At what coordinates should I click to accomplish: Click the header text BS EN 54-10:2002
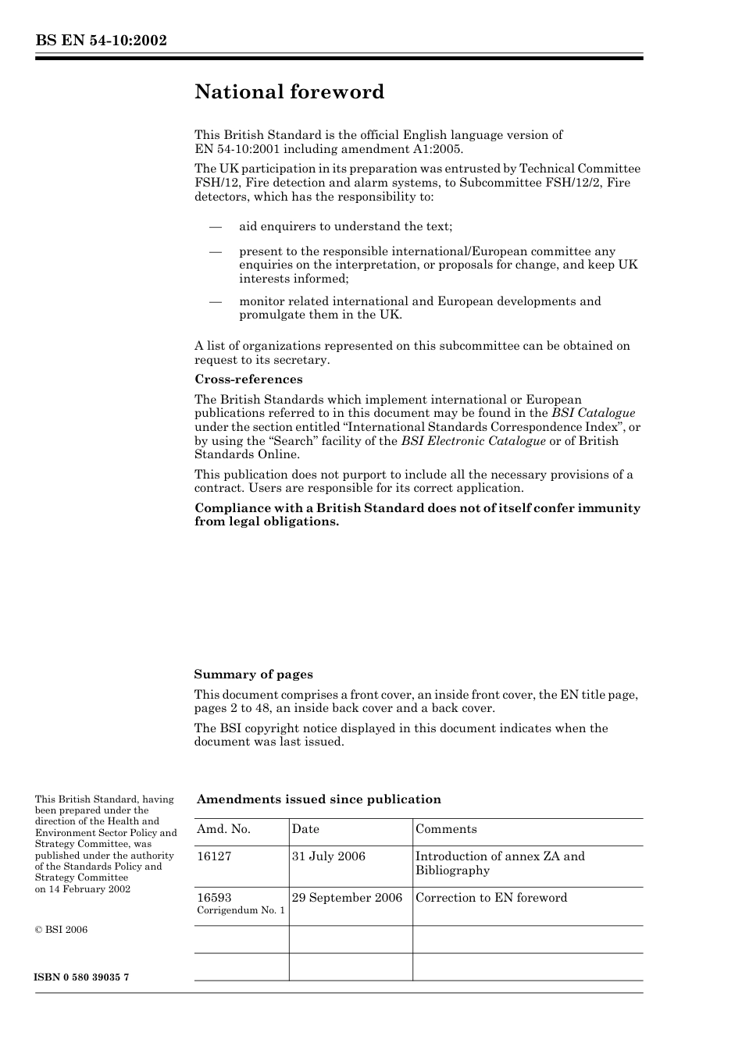pyautogui.click(x=101, y=41)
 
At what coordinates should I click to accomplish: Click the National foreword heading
pyautogui.click(x=289, y=92)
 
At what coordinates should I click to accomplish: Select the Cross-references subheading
pyautogui.click(x=248, y=379)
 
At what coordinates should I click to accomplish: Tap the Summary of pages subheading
pyautogui.click(x=253, y=674)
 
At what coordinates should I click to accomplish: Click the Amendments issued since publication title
pyautogui.click(x=319, y=799)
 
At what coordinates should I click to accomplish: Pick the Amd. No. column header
pyautogui.click(x=223, y=829)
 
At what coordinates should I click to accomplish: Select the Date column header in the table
pyautogui.click(x=305, y=829)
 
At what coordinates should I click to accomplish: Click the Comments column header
pyautogui.click(x=446, y=829)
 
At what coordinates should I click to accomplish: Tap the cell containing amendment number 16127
pyautogui.click(x=214, y=856)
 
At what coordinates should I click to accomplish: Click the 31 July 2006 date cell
pyautogui.click(x=329, y=856)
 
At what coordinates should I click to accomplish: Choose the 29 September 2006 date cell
pyautogui.click(x=348, y=898)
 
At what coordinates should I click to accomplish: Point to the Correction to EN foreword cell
pyautogui.click(x=491, y=898)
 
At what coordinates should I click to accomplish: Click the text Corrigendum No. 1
pyautogui.click(x=241, y=911)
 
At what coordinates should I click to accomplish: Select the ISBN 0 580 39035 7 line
pyautogui.click(x=82, y=977)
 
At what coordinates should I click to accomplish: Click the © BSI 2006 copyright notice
pyautogui.click(x=62, y=930)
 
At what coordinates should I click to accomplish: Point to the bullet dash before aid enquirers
pyautogui.click(x=216, y=227)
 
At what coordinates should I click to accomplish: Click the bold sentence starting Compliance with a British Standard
pyautogui.click(x=417, y=514)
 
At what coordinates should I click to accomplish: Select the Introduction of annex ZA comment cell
pyautogui.click(x=500, y=863)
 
